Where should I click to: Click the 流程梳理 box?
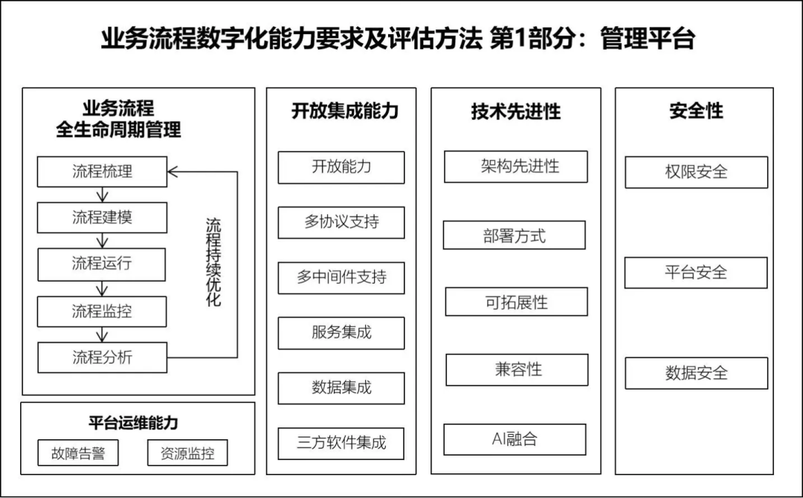pos(102,172)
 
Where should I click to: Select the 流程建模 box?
pos(102,218)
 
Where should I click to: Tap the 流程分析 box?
pos(102,358)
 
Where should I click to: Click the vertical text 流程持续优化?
pos(213,262)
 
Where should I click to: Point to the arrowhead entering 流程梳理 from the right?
pos(172,172)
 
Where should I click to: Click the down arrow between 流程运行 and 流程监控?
pos(102,288)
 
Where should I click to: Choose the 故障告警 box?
pos(78,453)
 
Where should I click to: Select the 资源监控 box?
pos(187,453)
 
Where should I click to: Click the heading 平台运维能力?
pos(133,423)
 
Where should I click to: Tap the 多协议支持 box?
pos(341,222)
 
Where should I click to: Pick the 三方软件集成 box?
pos(341,443)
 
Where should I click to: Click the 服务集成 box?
pos(341,333)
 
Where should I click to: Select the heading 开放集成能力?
pos(345,111)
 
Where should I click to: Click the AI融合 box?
pos(515,439)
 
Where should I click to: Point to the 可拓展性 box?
pos(516,302)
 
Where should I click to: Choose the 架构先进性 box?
pos(516,166)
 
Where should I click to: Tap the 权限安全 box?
pos(697,172)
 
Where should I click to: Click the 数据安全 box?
pos(697,373)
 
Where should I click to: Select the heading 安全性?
pos(697,111)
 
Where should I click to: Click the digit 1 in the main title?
pos(520,39)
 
